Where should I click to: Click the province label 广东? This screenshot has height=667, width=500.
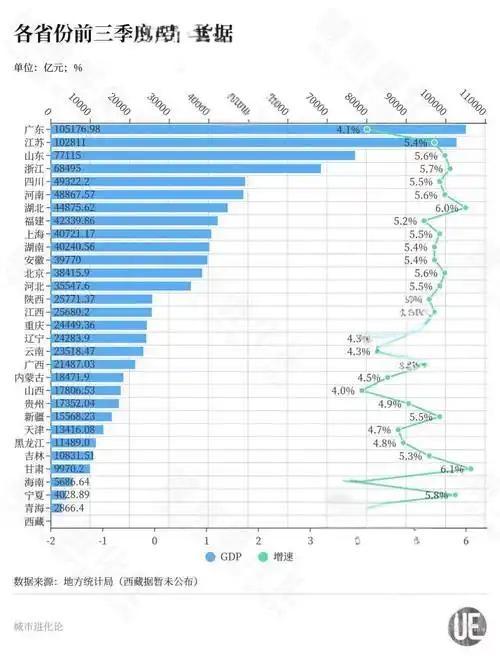[34, 130]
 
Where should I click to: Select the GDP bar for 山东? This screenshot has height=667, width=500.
[200, 156]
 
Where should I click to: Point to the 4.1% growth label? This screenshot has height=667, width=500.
[348, 130]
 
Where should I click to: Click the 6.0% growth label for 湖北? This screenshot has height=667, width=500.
[446, 208]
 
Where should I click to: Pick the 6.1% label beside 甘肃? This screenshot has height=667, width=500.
[451, 468]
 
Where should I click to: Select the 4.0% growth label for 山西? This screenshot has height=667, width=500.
[343, 390]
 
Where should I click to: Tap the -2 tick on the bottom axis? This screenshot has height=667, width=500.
[50, 540]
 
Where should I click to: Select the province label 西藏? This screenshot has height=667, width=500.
[34, 521]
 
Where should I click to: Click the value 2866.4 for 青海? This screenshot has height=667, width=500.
[70, 508]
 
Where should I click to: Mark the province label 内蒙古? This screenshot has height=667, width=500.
[30, 378]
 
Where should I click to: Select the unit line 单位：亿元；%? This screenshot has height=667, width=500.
[48, 68]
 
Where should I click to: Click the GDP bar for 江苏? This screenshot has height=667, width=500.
[250, 143]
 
